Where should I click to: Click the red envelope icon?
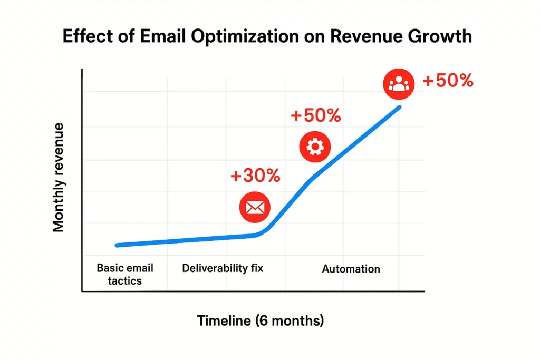tap(255, 207)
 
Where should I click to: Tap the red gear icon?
tap(314, 147)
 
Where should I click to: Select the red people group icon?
tap(399, 83)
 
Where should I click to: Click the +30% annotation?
tap(255, 176)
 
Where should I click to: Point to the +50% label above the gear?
tap(316, 115)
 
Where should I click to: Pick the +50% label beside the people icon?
tap(448, 81)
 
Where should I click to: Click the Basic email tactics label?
tap(125, 274)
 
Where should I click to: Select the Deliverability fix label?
tap(223, 268)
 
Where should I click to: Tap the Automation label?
tap(351, 269)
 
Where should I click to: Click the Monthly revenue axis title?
tap(59, 177)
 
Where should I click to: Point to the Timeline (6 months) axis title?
tap(261, 320)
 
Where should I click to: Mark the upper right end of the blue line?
tap(399, 107)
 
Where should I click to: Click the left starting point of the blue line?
tap(117, 245)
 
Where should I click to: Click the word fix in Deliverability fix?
tap(255, 268)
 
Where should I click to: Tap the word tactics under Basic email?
tap(125, 280)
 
